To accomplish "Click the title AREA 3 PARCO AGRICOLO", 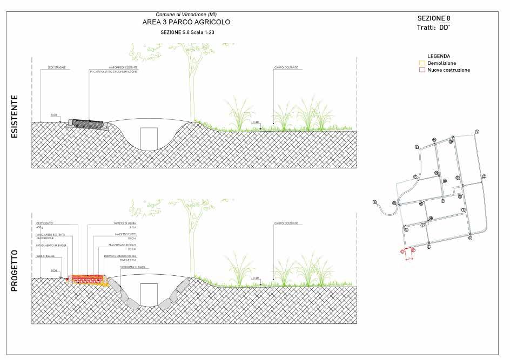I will tap(185, 22).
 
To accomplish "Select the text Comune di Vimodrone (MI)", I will tap(186, 14).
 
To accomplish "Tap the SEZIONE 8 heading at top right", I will tap(434, 18).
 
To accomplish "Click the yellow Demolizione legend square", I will tap(422, 63).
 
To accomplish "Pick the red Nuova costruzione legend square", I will tap(422, 70).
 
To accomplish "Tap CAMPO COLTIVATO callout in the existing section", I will tap(286, 68).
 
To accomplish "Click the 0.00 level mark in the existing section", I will tap(53, 115).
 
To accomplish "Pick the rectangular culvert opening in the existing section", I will tap(149, 139).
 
